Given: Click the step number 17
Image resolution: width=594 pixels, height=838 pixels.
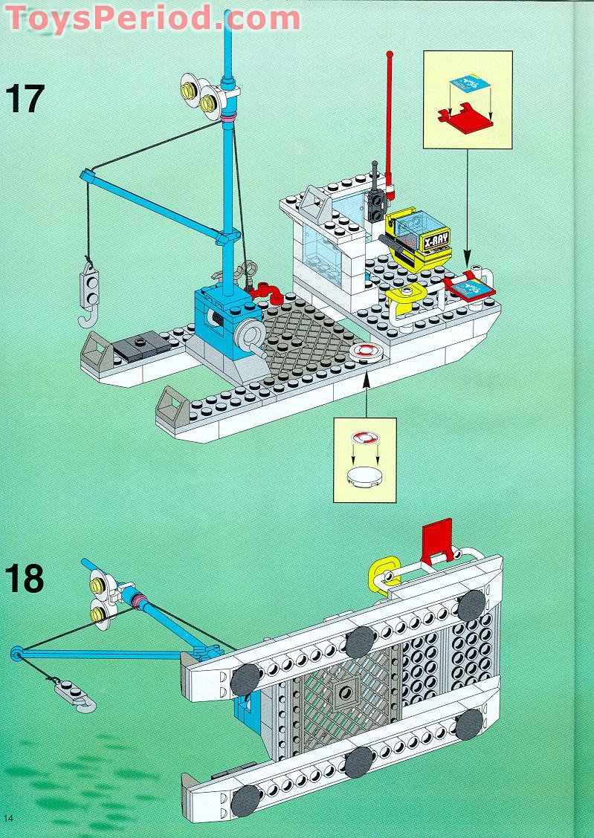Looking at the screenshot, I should (x=25, y=98).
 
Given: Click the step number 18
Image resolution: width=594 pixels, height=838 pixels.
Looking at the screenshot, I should (x=25, y=579).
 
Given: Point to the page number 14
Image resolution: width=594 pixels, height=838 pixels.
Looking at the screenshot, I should (x=9, y=818).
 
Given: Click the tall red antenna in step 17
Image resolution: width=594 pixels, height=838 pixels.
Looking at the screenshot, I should (x=388, y=111).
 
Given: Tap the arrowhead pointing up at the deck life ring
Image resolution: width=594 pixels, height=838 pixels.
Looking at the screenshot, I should (x=365, y=377).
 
